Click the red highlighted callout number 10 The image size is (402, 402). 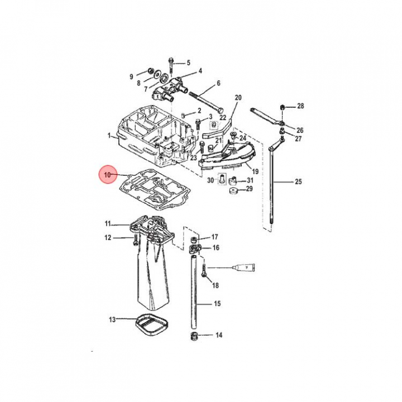tap(107, 175)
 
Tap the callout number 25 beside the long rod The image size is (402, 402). tap(298, 182)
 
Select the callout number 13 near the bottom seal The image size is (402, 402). tap(112, 319)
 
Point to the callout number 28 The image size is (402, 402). tap(300, 106)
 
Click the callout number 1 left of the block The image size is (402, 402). tap(109, 135)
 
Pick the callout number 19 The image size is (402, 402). tap(255, 171)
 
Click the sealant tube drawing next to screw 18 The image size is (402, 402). tap(243, 267)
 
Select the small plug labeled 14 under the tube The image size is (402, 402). tap(195, 336)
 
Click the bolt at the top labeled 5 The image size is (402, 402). tap(171, 65)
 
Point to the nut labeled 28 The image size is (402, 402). tap(282, 107)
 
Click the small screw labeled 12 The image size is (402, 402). tap(135, 241)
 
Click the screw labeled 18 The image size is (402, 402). tap(204, 271)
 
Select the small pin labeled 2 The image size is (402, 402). tap(183, 115)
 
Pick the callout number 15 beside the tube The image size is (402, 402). tap(217, 304)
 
